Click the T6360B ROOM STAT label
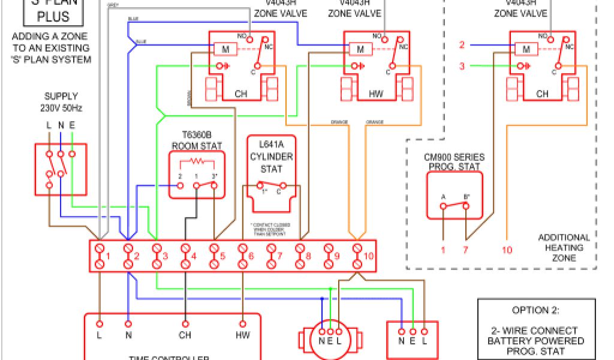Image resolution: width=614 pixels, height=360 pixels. tap(197, 140)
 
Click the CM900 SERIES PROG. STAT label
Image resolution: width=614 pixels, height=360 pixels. tap(454, 161)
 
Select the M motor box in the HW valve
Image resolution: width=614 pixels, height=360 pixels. tap(360, 49)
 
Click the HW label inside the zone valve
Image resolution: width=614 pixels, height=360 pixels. tap(376, 94)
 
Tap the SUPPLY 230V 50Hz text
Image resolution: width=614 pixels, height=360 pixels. tap(61, 102)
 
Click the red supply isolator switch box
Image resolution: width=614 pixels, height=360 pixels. tap(61, 169)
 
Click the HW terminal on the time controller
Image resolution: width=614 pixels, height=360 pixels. tap(243, 335)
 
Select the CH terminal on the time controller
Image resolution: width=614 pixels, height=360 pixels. tap(185, 335)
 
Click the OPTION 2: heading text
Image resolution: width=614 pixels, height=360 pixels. tap(535, 310)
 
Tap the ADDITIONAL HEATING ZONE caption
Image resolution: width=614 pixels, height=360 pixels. tap(564, 247)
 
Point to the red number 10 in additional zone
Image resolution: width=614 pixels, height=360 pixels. tap(507, 250)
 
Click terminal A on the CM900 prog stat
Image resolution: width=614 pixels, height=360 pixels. tap(443, 206)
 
